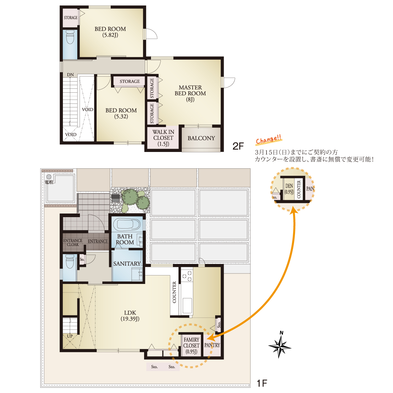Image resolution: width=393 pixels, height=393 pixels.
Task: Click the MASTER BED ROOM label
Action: click(x=190, y=93)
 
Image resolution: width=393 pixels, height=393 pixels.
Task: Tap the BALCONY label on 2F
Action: click(x=201, y=138)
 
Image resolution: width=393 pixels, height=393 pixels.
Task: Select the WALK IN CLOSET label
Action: click(x=163, y=138)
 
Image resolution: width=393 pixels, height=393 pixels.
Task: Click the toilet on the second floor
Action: click(x=70, y=37)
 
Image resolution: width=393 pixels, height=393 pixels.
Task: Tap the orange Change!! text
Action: click(x=269, y=140)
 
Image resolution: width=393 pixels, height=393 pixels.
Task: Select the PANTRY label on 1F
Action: click(x=212, y=345)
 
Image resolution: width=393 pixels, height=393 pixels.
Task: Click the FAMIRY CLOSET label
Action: click(x=191, y=346)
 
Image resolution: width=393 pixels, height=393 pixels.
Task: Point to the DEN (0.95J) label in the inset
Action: click(x=289, y=189)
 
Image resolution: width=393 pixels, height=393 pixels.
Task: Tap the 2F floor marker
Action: click(x=238, y=146)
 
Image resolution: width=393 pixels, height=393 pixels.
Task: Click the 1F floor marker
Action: click(x=262, y=383)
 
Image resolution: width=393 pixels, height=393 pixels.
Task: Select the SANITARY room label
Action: click(x=127, y=264)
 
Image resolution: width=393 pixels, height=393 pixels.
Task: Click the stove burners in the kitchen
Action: click(x=187, y=275)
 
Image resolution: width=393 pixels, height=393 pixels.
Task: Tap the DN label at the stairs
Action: click(x=70, y=75)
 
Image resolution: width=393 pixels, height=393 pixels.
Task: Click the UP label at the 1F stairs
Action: click(x=70, y=336)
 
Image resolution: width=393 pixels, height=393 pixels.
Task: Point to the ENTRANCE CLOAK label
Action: click(x=73, y=242)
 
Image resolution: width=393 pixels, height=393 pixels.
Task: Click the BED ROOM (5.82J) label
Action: click(x=110, y=32)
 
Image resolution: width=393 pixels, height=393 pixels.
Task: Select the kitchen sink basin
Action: click(x=187, y=306)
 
